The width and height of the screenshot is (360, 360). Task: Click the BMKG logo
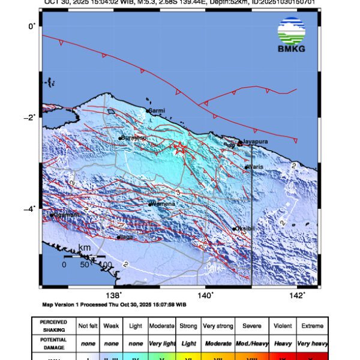click(x=291, y=35)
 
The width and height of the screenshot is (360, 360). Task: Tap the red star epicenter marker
click(x=179, y=149)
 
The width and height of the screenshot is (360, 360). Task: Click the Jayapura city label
click(x=255, y=142)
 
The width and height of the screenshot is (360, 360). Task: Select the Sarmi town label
click(x=157, y=110)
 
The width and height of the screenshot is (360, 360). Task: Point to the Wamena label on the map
click(x=164, y=204)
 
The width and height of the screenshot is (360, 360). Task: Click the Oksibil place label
click(x=244, y=229)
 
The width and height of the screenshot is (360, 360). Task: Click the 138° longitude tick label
click(x=113, y=295)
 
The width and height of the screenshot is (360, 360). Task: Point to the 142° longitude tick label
click(x=298, y=295)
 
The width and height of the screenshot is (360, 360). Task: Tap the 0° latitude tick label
click(x=31, y=26)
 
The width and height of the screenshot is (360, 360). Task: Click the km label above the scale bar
click(x=84, y=248)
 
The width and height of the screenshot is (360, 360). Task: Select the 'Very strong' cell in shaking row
click(x=218, y=326)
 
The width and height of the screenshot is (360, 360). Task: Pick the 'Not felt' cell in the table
click(x=88, y=326)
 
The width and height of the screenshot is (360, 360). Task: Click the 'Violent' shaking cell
click(x=282, y=326)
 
